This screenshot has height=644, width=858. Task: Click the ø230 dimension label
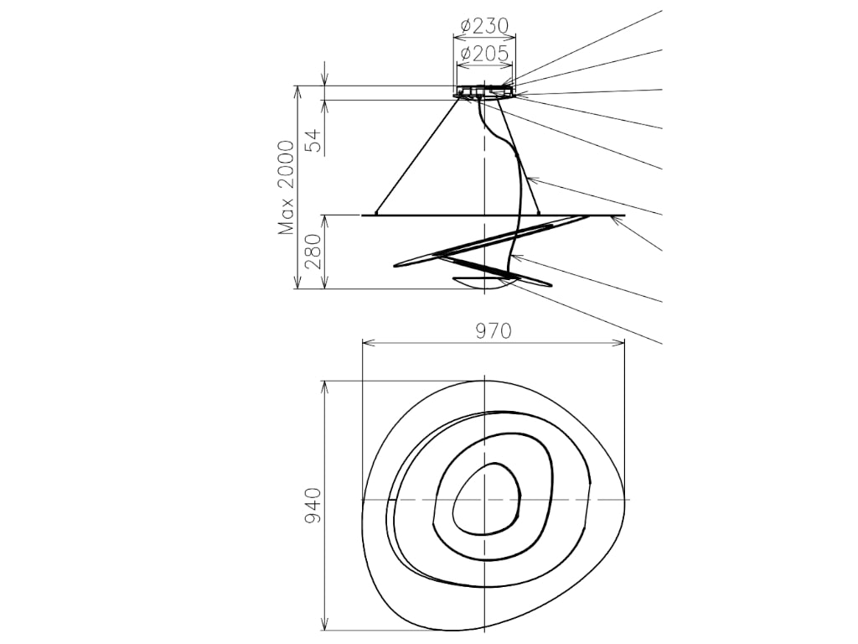(484, 25)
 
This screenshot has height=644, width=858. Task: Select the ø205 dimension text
(484, 53)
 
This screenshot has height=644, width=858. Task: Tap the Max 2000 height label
(287, 188)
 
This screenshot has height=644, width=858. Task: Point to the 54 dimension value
(314, 140)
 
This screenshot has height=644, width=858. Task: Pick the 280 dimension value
(314, 252)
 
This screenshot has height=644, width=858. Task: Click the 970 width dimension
(493, 330)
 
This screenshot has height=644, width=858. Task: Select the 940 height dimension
(313, 506)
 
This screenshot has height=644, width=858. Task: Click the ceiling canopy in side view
(484, 91)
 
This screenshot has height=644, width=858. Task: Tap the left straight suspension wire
(417, 155)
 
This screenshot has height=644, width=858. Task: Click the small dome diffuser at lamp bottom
(477, 283)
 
